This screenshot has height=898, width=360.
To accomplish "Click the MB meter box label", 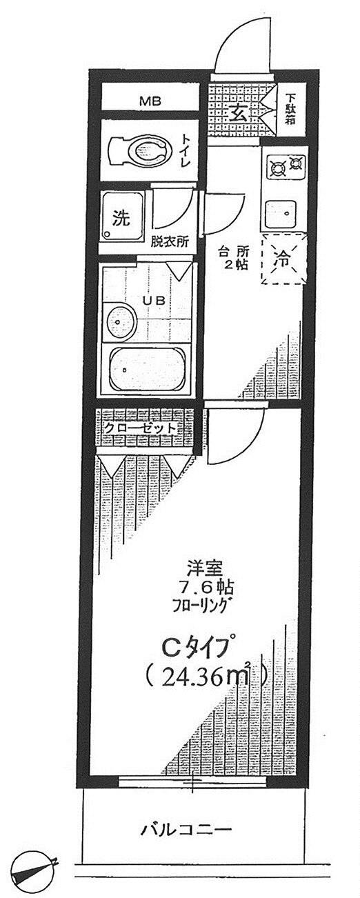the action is click(x=150, y=101).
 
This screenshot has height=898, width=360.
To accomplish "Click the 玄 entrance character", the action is click(x=238, y=114).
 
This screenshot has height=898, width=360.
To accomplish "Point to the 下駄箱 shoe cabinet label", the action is click(x=292, y=108).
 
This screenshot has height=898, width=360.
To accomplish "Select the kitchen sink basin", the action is click(x=281, y=214).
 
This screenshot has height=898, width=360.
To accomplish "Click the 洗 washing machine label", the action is click(x=121, y=218).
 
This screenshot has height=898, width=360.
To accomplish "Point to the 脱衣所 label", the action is click(x=170, y=242).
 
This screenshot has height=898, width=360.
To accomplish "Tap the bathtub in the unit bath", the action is click(x=149, y=369).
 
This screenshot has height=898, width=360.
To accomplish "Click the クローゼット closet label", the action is click(x=140, y=428).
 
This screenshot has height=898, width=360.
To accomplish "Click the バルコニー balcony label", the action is click(x=186, y=827).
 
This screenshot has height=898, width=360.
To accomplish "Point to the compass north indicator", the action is click(x=34, y=875).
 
